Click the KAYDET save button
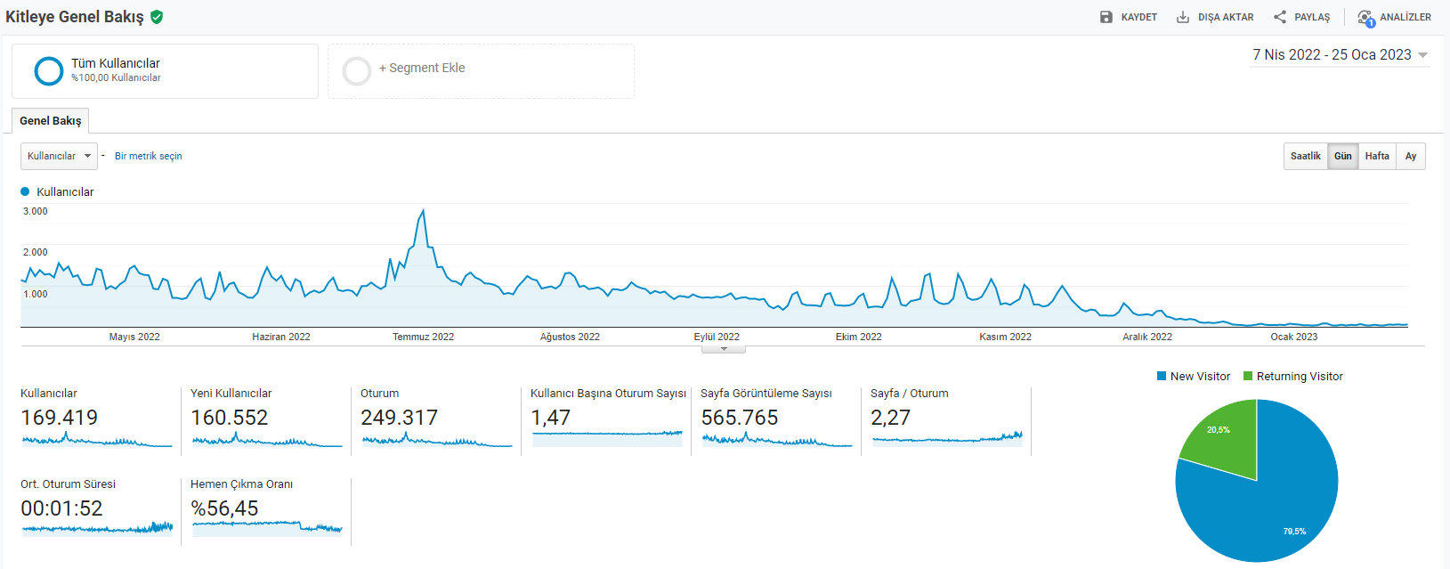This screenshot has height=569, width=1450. pyautogui.click(x=1129, y=17)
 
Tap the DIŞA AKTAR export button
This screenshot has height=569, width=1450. pyautogui.click(x=1215, y=17)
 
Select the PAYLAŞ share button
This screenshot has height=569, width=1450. pyautogui.click(x=1301, y=17)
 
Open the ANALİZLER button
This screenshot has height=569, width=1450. pyautogui.click(x=1394, y=18)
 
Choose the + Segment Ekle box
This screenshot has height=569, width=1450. pyautogui.click(x=481, y=71)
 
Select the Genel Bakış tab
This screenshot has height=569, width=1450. pyautogui.click(x=51, y=120)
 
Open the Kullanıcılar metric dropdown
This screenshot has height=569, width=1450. pyautogui.click(x=59, y=156)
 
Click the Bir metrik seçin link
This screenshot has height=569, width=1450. pyautogui.click(x=149, y=156)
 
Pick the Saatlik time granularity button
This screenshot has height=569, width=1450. pyautogui.click(x=1306, y=156)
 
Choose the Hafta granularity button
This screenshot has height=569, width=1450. pyautogui.click(x=1377, y=156)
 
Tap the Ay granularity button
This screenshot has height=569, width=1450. pyautogui.click(x=1411, y=156)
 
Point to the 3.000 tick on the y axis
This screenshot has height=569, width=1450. pyautogui.click(x=36, y=211)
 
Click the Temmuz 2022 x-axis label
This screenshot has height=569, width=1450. pyautogui.click(x=424, y=337)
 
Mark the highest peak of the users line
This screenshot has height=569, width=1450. pyautogui.click(x=424, y=210)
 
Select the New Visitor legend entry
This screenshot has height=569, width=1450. pyautogui.click(x=1194, y=376)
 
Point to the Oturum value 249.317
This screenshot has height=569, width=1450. pyautogui.click(x=400, y=418)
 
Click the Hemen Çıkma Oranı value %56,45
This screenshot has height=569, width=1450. pyautogui.click(x=224, y=508)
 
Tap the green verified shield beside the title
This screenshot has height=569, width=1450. pyautogui.click(x=157, y=17)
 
